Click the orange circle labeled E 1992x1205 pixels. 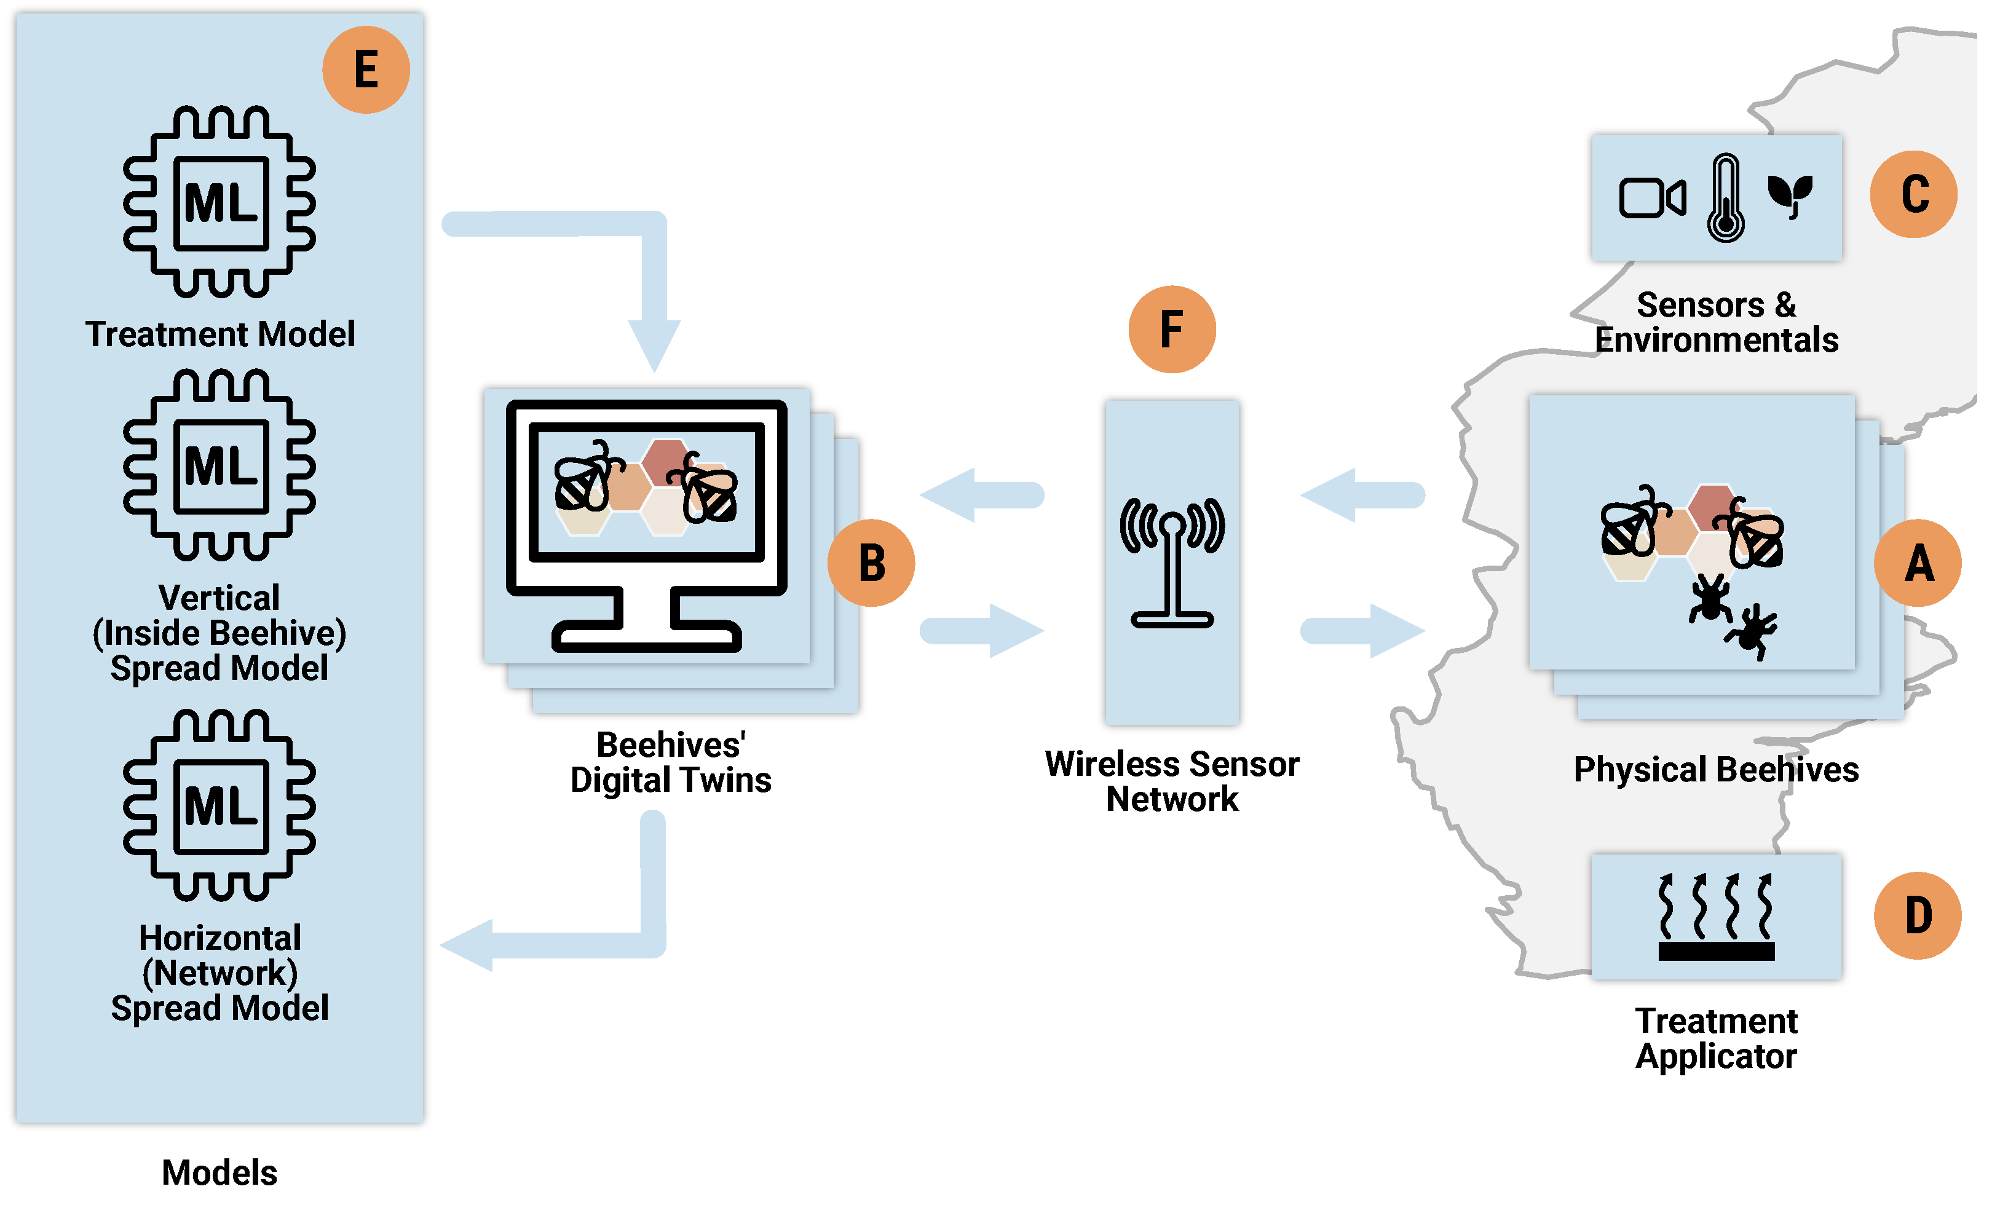coord(366,69)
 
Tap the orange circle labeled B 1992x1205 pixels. coord(871,563)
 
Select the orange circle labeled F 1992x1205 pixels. coord(1171,329)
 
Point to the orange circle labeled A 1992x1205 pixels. coord(1918,563)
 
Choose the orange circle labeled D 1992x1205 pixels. coord(1918,915)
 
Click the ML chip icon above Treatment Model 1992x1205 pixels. coord(220,202)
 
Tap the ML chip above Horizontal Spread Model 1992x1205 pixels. coord(220,806)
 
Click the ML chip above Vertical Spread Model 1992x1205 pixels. coord(220,465)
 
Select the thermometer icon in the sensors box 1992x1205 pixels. coord(1725,198)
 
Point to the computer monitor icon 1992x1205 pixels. coord(647,525)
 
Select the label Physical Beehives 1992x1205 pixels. coord(1715,769)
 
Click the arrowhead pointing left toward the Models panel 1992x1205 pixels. coord(468,945)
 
